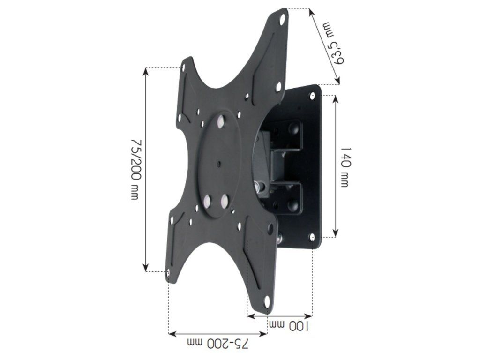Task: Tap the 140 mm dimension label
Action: click(345, 167)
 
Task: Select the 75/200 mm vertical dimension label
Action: click(135, 169)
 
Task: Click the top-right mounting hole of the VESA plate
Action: click(282, 18)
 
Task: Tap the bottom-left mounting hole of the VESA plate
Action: click(168, 273)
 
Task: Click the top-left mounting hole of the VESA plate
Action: click(184, 67)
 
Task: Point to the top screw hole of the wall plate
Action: click(313, 96)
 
